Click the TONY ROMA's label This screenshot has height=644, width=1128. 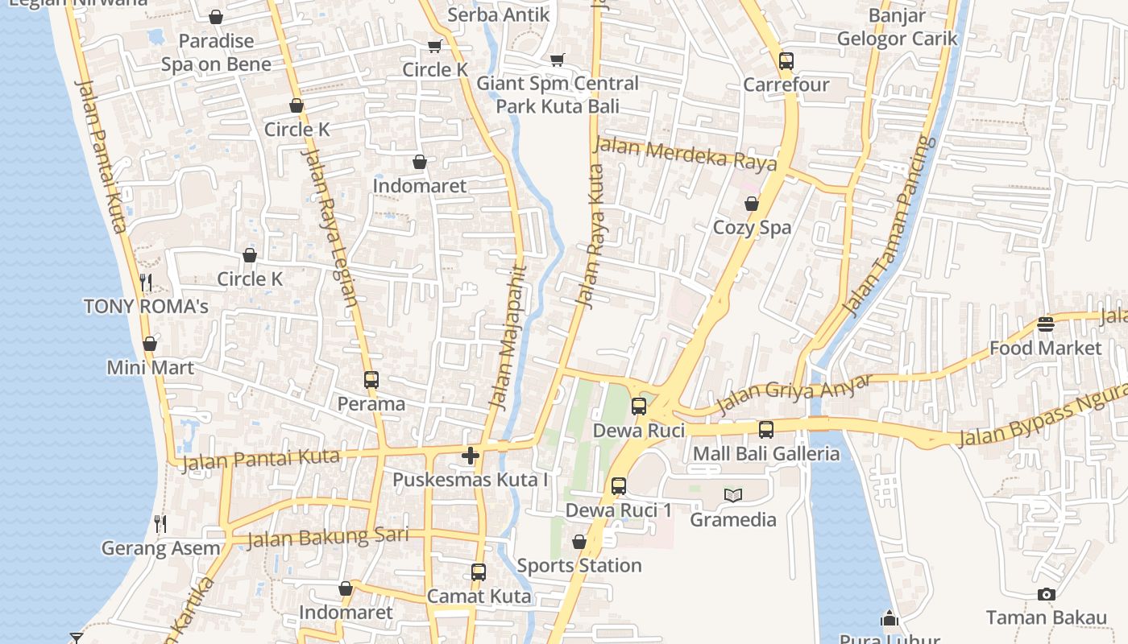146,307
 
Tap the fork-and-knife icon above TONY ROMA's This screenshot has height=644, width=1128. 146,282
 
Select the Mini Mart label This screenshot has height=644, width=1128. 151,368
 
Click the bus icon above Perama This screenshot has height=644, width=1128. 371,380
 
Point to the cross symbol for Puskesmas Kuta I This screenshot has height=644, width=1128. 471,456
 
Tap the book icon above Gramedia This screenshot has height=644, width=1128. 732,495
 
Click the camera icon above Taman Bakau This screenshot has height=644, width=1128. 1046,595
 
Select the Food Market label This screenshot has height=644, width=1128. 1045,349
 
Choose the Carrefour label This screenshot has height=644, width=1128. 786,85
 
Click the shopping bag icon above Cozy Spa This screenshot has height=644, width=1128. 752,204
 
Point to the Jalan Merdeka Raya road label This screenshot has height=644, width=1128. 685,154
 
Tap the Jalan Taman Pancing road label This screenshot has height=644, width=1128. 890,226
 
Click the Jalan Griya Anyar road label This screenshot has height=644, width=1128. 794,394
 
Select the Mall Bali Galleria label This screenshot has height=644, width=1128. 766,454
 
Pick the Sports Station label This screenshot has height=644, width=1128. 579,566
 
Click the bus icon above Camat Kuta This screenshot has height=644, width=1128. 479,572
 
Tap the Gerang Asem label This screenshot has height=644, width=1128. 160,549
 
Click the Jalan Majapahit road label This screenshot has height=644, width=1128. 508,337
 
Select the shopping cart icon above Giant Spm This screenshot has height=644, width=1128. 557,60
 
